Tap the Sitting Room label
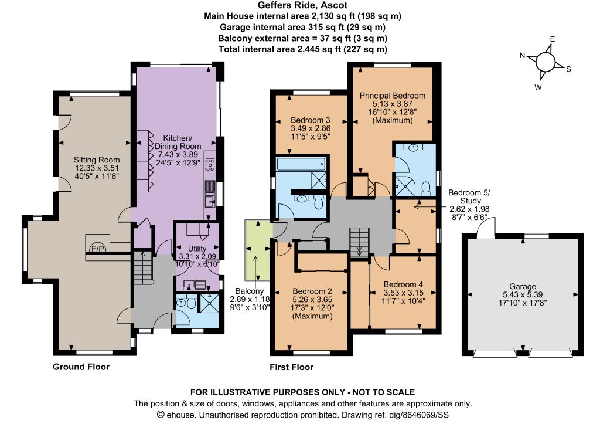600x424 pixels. point(97,160)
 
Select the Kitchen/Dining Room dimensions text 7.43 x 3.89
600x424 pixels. point(178,154)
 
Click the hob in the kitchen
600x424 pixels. point(210,165)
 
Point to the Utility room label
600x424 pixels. point(197,249)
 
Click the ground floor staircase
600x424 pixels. point(143,267)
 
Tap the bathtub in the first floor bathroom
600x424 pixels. point(301,164)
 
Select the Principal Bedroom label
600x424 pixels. point(393,96)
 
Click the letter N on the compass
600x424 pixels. point(522,56)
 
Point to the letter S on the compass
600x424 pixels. point(568,69)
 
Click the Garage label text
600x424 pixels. point(523,287)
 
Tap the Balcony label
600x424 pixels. point(250,291)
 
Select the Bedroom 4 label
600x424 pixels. point(403,284)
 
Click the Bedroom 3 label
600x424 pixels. point(311,120)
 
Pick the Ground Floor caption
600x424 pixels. point(81,367)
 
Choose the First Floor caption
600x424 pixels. point(292,367)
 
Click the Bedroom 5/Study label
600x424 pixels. point(469,196)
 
